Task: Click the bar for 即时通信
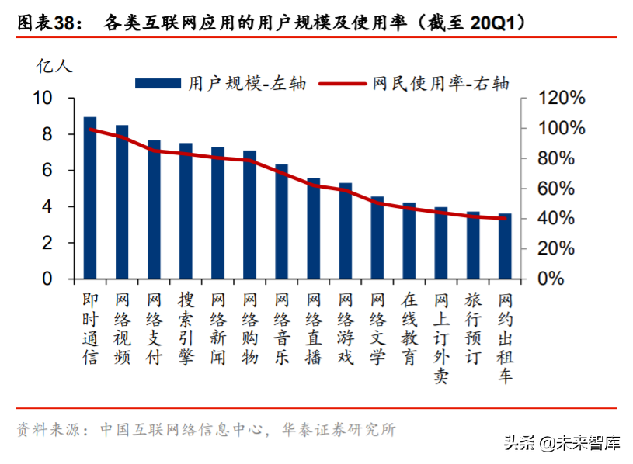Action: point(90,198)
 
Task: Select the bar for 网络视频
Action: point(122,202)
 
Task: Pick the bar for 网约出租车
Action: point(505,246)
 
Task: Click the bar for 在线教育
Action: point(409,241)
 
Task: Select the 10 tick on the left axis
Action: point(42,99)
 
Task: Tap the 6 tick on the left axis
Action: point(47,171)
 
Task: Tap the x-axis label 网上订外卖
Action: point(441,338)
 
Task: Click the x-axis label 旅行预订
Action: point(473,328)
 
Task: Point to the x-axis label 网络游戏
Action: point(346,328)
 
